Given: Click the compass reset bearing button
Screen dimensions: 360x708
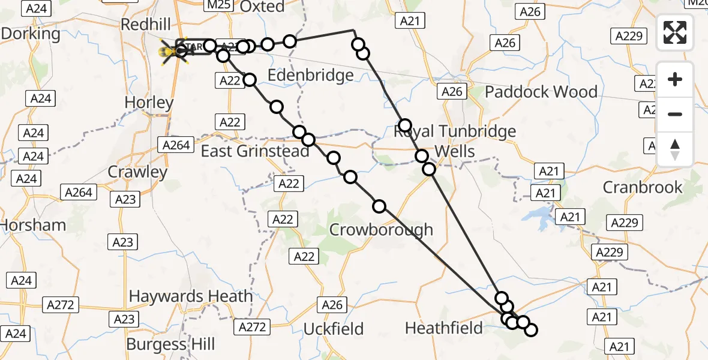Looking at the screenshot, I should coord(675,149).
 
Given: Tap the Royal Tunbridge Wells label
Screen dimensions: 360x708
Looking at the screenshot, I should coord(455,141).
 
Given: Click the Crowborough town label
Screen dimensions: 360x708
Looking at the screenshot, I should coord(381,229).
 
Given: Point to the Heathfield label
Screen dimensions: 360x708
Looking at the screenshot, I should coord(443,328).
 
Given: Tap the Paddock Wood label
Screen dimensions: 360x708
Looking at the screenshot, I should coord(541,92).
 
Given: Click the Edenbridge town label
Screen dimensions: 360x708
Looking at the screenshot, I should coord(310,76).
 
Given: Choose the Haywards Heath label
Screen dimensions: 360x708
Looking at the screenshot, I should coord(191,296).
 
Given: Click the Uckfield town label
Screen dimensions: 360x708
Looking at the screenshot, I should coord(334,329).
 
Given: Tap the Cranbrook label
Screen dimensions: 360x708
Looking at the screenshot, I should coord(642,187).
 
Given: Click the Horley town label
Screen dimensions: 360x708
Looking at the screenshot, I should coord(149,103).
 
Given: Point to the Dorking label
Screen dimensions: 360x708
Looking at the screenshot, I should coord(31,34).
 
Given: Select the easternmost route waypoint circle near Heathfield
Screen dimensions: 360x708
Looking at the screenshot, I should coord(530,329).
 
